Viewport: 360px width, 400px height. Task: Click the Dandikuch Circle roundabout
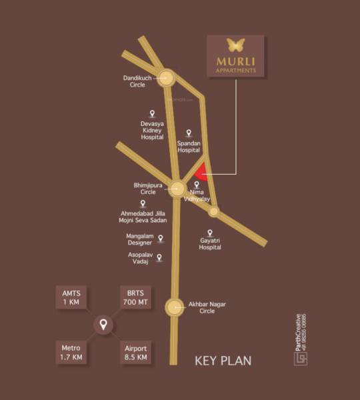[166, 77]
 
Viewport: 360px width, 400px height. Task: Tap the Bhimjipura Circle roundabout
[177, 189]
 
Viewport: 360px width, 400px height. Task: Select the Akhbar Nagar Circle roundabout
[175, 307]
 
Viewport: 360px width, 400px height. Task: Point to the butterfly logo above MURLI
[235, 45]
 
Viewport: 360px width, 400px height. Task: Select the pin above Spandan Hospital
[189, 133]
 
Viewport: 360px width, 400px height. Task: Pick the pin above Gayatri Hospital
[210, 233]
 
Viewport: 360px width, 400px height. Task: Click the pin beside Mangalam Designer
[160, 237]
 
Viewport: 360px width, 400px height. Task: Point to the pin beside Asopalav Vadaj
[159, 257]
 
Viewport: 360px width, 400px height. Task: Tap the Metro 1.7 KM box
[71, 353]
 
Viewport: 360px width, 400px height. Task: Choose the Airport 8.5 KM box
[135, 353]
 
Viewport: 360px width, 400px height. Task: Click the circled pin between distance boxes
[103, 325]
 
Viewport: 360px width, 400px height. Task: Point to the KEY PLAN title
[223, 361]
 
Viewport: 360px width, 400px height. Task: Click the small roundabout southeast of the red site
[213, 211]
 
